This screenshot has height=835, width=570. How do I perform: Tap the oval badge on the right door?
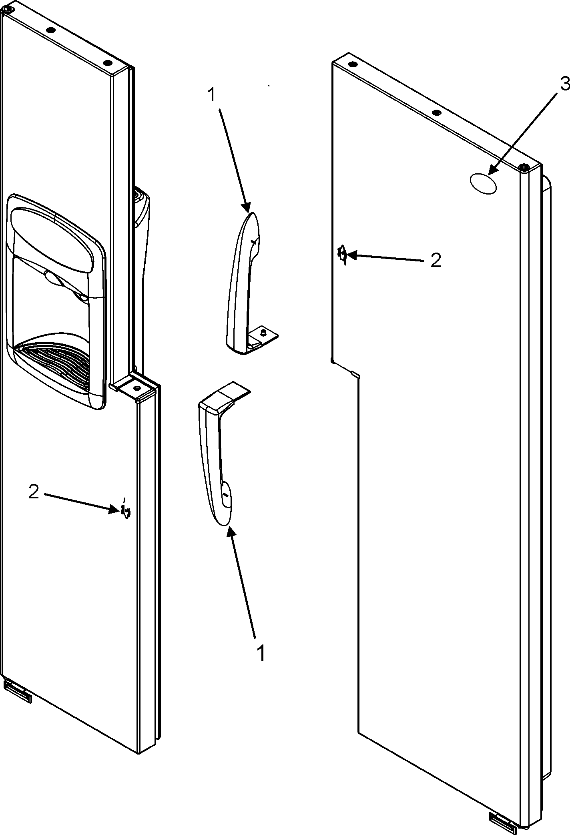pyautogui.click(x=483, y=184)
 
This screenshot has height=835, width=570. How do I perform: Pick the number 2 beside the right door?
pyautogui.click(x=436, y=261)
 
